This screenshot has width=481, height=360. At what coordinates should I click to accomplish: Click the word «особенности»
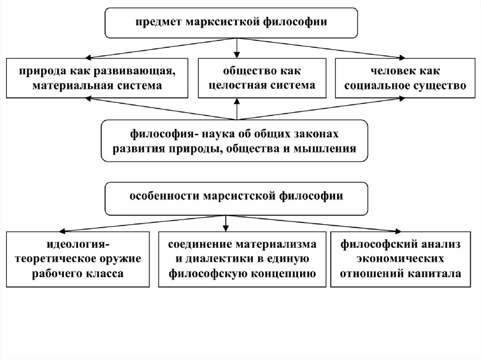coord(160,195)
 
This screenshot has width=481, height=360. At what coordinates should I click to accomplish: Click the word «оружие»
coord(122,259)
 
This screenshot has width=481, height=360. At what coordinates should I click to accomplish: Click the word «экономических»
coord(400,259)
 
